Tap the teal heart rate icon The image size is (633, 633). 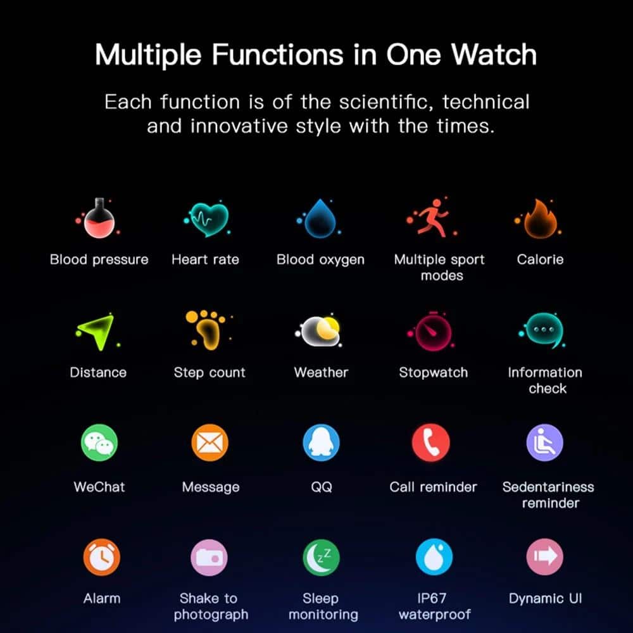tap(208, 219)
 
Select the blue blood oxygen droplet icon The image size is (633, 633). tap(320, 219)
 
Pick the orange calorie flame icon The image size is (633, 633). tap(540, 219)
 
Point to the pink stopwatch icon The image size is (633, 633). tap(433, 332)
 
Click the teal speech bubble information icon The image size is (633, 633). tap(544, 331)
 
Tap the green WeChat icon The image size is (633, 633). tap(99, 442)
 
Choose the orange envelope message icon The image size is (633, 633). tap(210, 442)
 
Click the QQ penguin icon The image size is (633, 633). tap(321, 442)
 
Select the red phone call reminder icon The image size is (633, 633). tap(430, 442)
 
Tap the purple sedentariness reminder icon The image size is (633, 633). tap(544, 442)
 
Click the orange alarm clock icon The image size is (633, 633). tap(101, 557)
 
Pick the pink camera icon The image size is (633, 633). tap(209, 558)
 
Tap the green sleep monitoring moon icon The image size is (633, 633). tap(321, 557)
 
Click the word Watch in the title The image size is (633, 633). tap(494, 54)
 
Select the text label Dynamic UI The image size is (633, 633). tap(546, 598)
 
